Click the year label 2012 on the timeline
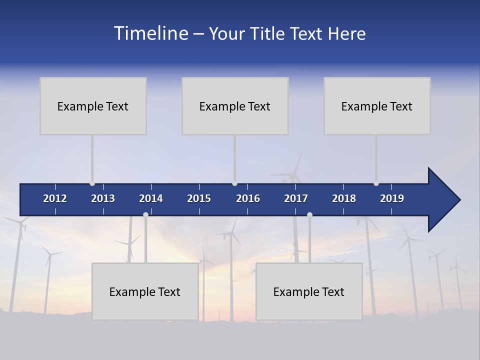55,198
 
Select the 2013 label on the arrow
103,198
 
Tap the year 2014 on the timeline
151,198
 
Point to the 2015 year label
199,198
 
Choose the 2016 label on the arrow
248,198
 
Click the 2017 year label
296,198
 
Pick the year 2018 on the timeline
344,198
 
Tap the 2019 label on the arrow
392,198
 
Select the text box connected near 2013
93,106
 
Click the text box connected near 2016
235,106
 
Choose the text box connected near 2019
377,106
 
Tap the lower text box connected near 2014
145,291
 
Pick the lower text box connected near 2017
309,291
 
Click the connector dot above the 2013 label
92,183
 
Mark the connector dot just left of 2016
234,183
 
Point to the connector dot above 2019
376,183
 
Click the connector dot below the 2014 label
145,214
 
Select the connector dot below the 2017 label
309,214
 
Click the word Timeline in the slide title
150,33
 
